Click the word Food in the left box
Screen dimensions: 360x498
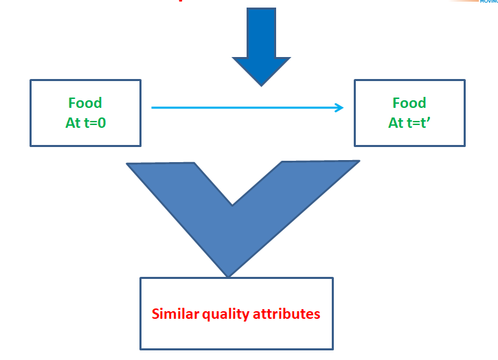click(x=85, y=103)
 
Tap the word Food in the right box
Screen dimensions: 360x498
click(x=409, y=103)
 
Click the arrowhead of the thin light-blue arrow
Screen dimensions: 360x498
click(x=339, y=107)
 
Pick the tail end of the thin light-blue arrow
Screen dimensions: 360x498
click(x=153, y=107)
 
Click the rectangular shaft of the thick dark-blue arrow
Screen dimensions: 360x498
click(x=261, y=32)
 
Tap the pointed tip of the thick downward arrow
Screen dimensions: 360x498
click(x=262, y=84)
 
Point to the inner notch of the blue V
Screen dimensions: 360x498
click(x=232, y=203)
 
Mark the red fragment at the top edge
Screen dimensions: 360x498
click(x=181, y=1)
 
